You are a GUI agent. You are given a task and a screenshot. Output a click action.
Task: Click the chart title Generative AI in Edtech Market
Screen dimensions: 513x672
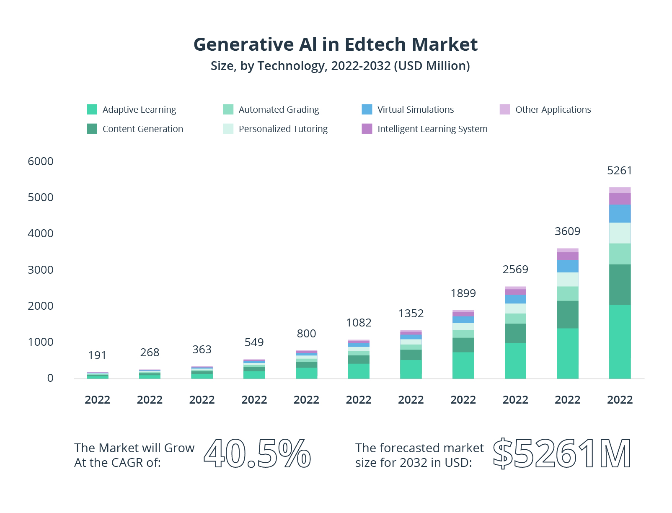pyautogui.click(x=335, y=44)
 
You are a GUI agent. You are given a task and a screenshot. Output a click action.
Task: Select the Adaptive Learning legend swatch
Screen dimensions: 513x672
pyautogui.click(x=92, y=109)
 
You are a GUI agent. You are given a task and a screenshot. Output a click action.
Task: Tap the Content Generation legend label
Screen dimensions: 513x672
pyautogui.click(x=142, y=129)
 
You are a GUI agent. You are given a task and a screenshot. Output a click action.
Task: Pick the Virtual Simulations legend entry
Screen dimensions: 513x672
pyautogui.click(x=415, y=110)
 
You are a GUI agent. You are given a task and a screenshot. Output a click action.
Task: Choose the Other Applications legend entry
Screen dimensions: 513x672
pyautogui.click(x=553, y=110)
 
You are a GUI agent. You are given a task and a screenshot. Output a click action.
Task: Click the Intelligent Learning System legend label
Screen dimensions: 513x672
pyautogui.click(x=432, y=129)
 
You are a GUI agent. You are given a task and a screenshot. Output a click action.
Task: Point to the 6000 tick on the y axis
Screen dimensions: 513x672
pyautogui.click(x=41, y=161)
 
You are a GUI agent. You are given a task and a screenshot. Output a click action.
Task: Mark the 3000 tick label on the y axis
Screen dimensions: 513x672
pyautogui.click(x=41, y=270)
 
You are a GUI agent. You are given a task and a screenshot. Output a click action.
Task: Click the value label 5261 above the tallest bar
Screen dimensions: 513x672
pyautogui.click(x=619, y=171)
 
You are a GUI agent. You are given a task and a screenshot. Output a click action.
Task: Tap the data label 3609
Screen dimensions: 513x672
pyautogui.click(x=567, y=231)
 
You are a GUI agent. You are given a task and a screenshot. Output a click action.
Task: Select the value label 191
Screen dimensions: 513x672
pyautogui.click(x=97, y=355)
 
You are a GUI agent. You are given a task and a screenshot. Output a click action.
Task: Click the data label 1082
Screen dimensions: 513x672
pyautogui.click(x=359, y=323)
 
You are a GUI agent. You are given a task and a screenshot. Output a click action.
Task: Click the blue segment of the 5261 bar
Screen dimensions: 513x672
pyautogui.click(x=620, y=213)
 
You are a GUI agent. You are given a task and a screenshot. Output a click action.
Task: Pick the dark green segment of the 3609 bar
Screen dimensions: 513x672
pyautogui.click(x=567, y=314)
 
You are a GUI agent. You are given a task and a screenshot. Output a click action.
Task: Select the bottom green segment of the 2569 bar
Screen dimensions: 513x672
pyautogui.click(x=515, y=361)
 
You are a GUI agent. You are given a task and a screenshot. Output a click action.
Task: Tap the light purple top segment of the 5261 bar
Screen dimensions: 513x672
pyautogui.click(x=620, y=190)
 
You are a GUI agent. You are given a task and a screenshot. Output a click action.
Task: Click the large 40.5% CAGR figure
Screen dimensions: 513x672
pyautogui.click(x=257, y=454)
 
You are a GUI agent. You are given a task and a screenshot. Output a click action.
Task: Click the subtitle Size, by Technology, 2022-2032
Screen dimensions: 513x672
pyautogui.click(x=340, y=66)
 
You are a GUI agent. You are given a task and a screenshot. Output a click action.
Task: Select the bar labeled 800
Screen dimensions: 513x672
pyautogui.click(x=306, y=365)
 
